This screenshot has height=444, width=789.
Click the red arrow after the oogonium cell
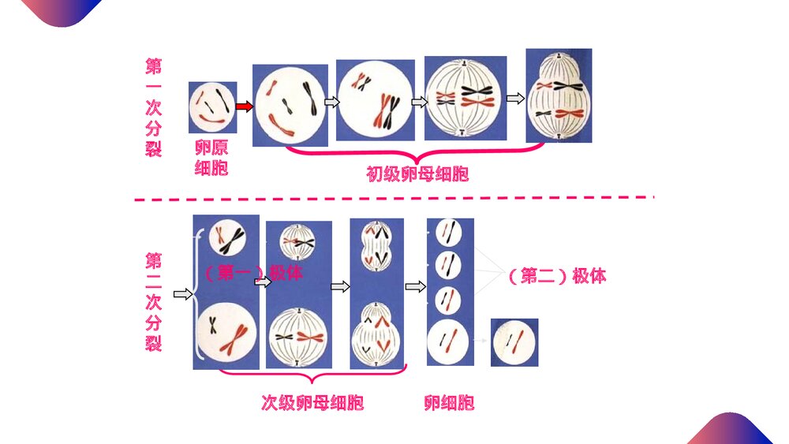point(244,106)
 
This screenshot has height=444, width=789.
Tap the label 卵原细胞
point(211,158)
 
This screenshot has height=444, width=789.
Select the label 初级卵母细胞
point(417,174)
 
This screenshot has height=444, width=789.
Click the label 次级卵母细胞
point(312,402)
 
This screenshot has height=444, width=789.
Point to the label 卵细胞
point(450,402)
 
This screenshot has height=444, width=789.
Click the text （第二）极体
point(557,275)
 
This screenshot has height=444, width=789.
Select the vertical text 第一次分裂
point(154,107)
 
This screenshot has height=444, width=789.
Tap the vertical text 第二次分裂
point(154,302)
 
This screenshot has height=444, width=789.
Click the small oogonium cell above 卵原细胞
point(212,107)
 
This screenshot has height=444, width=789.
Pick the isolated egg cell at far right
point(514,342)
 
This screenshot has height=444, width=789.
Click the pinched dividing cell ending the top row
point(559,95)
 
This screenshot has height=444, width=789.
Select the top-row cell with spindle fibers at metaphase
point(465,98)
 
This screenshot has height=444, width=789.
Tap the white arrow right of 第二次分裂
point(183,293)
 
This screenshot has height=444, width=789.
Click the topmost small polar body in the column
point(448,233)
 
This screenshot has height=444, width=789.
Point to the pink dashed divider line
point(394,199)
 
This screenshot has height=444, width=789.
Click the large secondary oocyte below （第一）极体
point(226,332)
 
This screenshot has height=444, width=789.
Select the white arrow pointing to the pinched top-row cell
point(515,99)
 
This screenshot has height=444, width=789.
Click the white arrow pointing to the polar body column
point(416,286)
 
